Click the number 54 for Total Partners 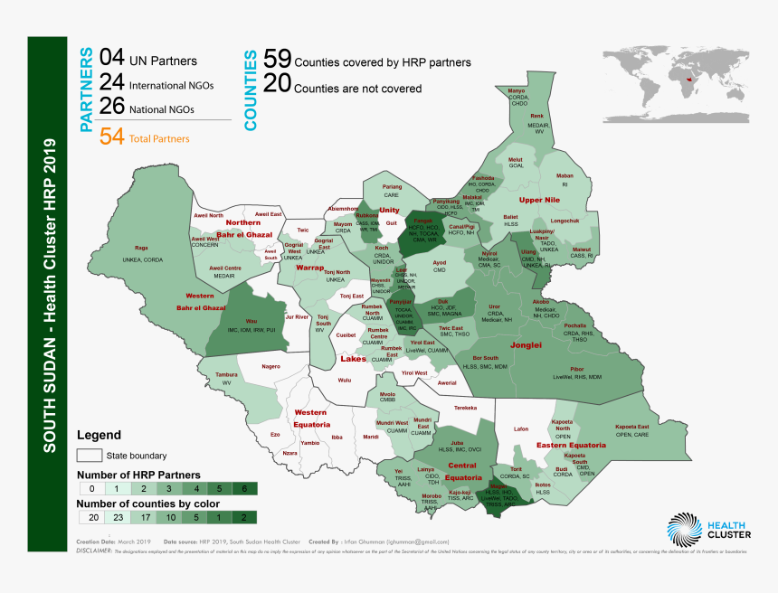(x=111, y=137)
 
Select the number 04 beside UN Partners (x=111, y=59)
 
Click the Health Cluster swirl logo (x=684, y=531)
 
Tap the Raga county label (x=141, y=247)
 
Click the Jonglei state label (x=526, y=344)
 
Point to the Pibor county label (x=576, y=369)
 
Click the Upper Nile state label (x=539, y=200)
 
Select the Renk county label (x=536, y=117)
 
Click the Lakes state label (x=353, y=359)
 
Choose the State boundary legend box (x=89, y=455)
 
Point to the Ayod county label (x=440, y=263)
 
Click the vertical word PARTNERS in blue (x=87, y=89)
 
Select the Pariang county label (x=392, y=186)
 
